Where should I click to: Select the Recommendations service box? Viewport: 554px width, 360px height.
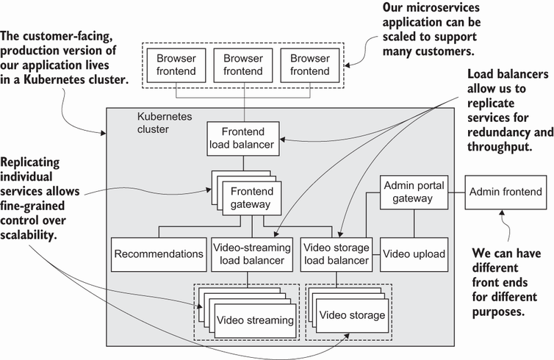click(x=158, y=253)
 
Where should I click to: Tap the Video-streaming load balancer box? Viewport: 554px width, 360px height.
click(x=252, y=253)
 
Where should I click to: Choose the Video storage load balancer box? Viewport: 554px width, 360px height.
click(x=337, y=253)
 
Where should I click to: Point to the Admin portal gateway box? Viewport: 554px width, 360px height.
click(x=414, y=193)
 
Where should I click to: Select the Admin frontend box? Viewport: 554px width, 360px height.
click(x=506, y=193)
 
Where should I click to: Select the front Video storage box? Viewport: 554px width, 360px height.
click(x=352, y=315)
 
